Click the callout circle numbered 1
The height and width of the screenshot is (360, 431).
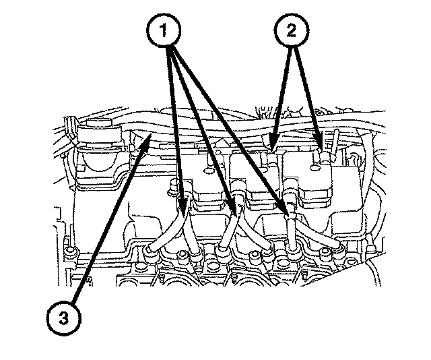(164, 30)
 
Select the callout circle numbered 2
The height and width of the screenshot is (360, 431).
(292, 30)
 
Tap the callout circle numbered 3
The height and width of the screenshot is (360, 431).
(64, 318)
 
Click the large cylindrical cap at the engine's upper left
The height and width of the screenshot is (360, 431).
(99, 133)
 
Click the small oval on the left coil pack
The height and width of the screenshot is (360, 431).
(209, 171)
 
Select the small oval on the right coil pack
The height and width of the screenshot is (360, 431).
(316, 167)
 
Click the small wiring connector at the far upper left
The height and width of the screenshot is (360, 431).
(70, 126)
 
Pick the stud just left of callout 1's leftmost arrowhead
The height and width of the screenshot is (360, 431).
(172, 187)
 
